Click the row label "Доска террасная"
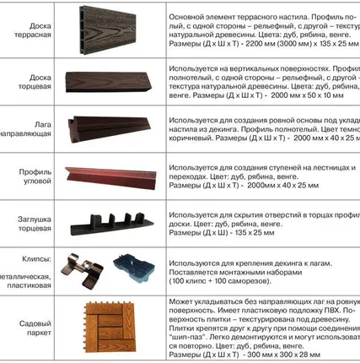[34, 30]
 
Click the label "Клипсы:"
[38, 259]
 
